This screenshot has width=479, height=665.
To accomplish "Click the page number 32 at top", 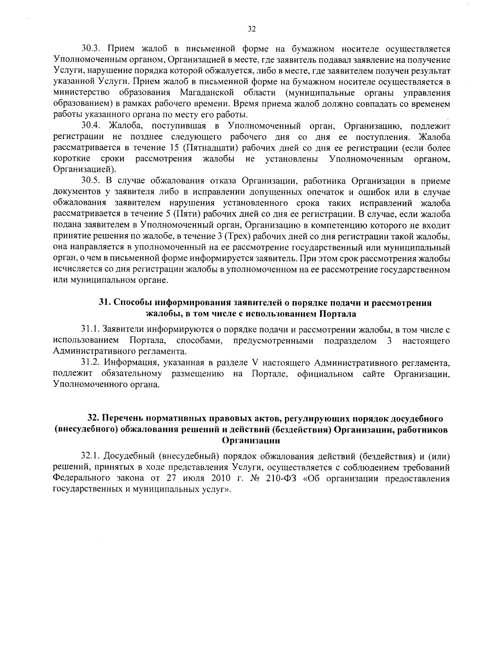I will [251, 29].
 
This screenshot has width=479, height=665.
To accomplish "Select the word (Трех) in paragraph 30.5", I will [239, 236].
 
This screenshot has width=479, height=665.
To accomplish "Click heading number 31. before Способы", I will [105, 303].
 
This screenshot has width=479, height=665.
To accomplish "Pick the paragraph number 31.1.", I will [90, 330].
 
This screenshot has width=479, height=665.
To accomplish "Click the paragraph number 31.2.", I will [90, 363].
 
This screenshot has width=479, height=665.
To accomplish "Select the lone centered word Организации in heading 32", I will [251, 441].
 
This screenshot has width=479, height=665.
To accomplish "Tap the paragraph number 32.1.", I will [90, 457].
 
